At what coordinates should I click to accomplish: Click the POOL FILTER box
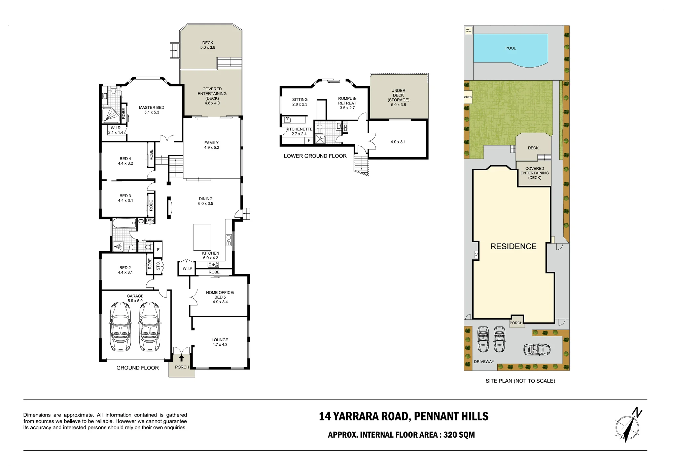pos(469,31)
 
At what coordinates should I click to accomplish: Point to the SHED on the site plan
pos(468,97)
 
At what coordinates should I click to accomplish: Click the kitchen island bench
pos(202,237)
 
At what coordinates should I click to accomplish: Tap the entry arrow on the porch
pos(182,358)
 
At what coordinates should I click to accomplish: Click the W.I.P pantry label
pos(187,268)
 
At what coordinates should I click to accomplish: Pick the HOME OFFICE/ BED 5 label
pos(220,297)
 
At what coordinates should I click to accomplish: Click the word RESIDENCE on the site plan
pos(513,247)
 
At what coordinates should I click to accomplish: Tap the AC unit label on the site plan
pos(476,255)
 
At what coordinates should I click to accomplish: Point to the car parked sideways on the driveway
pos(537,349)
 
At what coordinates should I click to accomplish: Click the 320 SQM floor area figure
pos(459,435)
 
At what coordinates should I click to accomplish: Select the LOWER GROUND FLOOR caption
pos(315,156)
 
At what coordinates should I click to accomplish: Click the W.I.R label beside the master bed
pos(115,128)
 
